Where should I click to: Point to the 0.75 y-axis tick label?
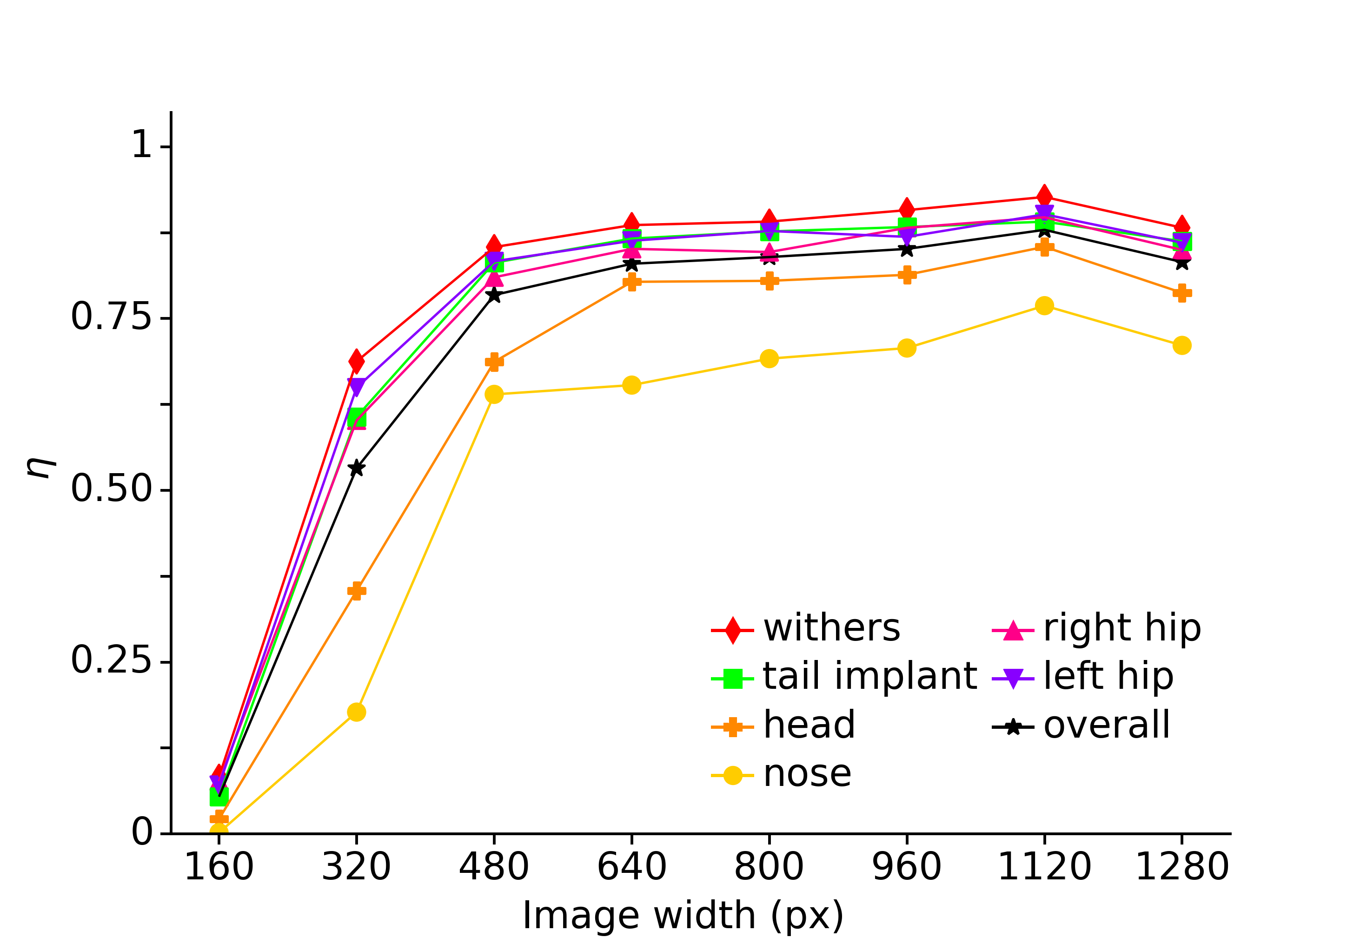click(x=111, y=317)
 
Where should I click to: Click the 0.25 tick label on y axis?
click(x=111, y=661)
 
